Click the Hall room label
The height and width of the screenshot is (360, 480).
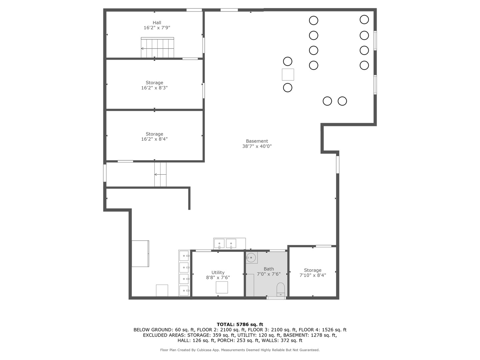coord(157,23)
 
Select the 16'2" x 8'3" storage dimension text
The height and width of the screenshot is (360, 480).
coord(154,88)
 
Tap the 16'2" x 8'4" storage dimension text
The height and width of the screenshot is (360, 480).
coord(154,139)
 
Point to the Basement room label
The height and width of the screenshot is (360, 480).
coord(257,141)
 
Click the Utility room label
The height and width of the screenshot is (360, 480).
coord(218,272)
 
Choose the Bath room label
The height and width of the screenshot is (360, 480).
coord(269,269)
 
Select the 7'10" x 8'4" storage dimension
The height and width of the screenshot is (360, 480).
coord(312,275)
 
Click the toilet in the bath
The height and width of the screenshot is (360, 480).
coord(281,290)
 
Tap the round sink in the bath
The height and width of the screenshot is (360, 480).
coord(251,257)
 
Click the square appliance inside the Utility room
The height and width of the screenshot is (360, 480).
coord(222,287)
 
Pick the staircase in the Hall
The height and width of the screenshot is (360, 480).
coord(157,48)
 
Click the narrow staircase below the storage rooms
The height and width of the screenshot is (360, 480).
coord(160,174)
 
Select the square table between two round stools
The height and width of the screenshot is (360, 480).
coord(288,74)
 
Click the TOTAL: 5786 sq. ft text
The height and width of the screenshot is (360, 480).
coord(240,324)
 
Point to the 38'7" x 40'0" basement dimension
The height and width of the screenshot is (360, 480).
coord(257,146)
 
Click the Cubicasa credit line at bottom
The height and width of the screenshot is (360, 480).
coord(240,350)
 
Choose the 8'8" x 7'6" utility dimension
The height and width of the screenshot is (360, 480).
coord(218,278)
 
